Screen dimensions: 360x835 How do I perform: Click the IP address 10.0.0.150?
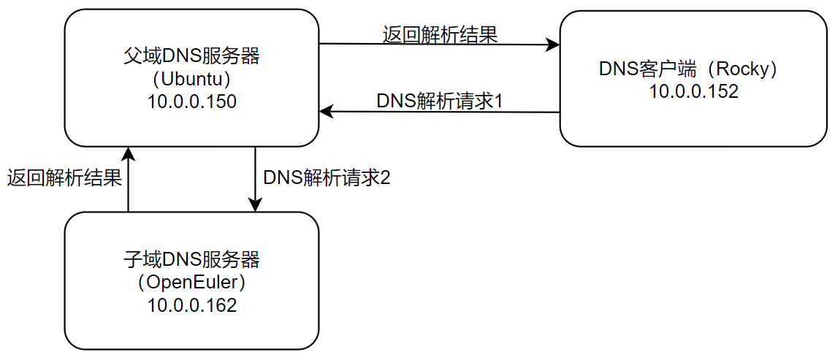pyautogui.click(x=191, y=102)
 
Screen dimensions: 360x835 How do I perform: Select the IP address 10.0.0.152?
pyautogui.click(x=693, y=91)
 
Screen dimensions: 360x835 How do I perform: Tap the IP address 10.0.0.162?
pyautogui.click(x=191, y=305)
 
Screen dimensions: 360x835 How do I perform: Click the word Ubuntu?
pyautogui.click(x=191, y=78)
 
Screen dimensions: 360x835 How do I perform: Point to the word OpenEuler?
pyautogui.click(x=191, y=282)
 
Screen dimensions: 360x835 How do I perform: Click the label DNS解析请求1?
pyautogui.click(x=440, y=100)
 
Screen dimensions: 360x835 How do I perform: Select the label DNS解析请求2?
pyautogui.click(x=327, y=177)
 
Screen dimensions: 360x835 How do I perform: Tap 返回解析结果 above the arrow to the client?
pyautogui.click(x=440, y=34)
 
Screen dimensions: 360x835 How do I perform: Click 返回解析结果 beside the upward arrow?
pyautogui.click(x=64, y=177)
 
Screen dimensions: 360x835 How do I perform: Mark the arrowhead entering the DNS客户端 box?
pyautogui.click(x=554, y=45)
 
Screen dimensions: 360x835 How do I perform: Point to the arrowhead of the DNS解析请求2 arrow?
pyautogui.click(x=255, y=207)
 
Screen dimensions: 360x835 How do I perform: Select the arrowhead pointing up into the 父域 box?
pyautogui.click(x=128, y=152)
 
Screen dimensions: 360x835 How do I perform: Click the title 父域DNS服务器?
pyautogui.click(x=191, y=55)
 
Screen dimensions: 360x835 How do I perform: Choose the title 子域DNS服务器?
pyautogui.click(x=191, y=259)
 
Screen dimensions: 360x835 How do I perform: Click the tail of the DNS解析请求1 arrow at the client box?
pyautogui.click(x=559, y=112)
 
